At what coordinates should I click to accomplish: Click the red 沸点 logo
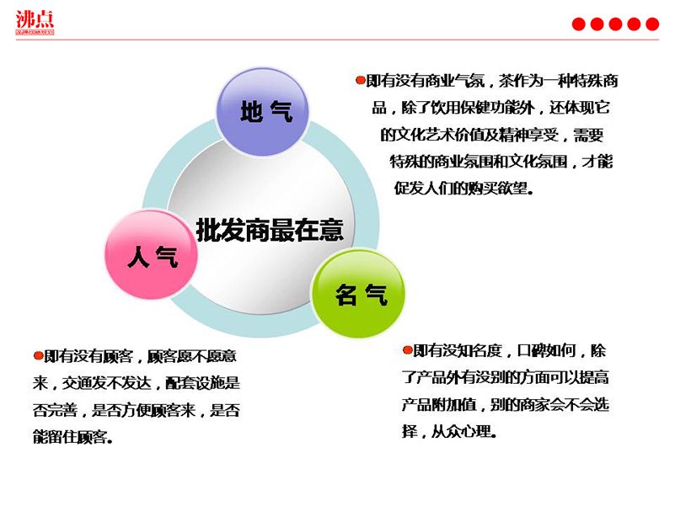pos(35,23)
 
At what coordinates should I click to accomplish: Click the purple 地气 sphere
pos(263,112)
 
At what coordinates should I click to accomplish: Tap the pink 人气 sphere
pos(151,254)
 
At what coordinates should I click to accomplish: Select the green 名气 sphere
pos(358,294)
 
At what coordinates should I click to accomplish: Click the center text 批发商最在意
pos(270,230)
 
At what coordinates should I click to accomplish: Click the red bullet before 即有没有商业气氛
pos(361,80)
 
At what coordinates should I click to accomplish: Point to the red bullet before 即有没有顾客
pos(39,355)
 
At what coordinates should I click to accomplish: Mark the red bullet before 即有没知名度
pos(408,349)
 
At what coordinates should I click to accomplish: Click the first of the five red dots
pos(579,24)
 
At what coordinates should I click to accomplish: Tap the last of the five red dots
pos(652,24)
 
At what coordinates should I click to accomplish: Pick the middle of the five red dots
pos(616,24)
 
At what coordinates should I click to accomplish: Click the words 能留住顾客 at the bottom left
pos(70,437)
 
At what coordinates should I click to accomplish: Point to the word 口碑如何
pos(547,351)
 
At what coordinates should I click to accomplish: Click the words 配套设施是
pos(203,383)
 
